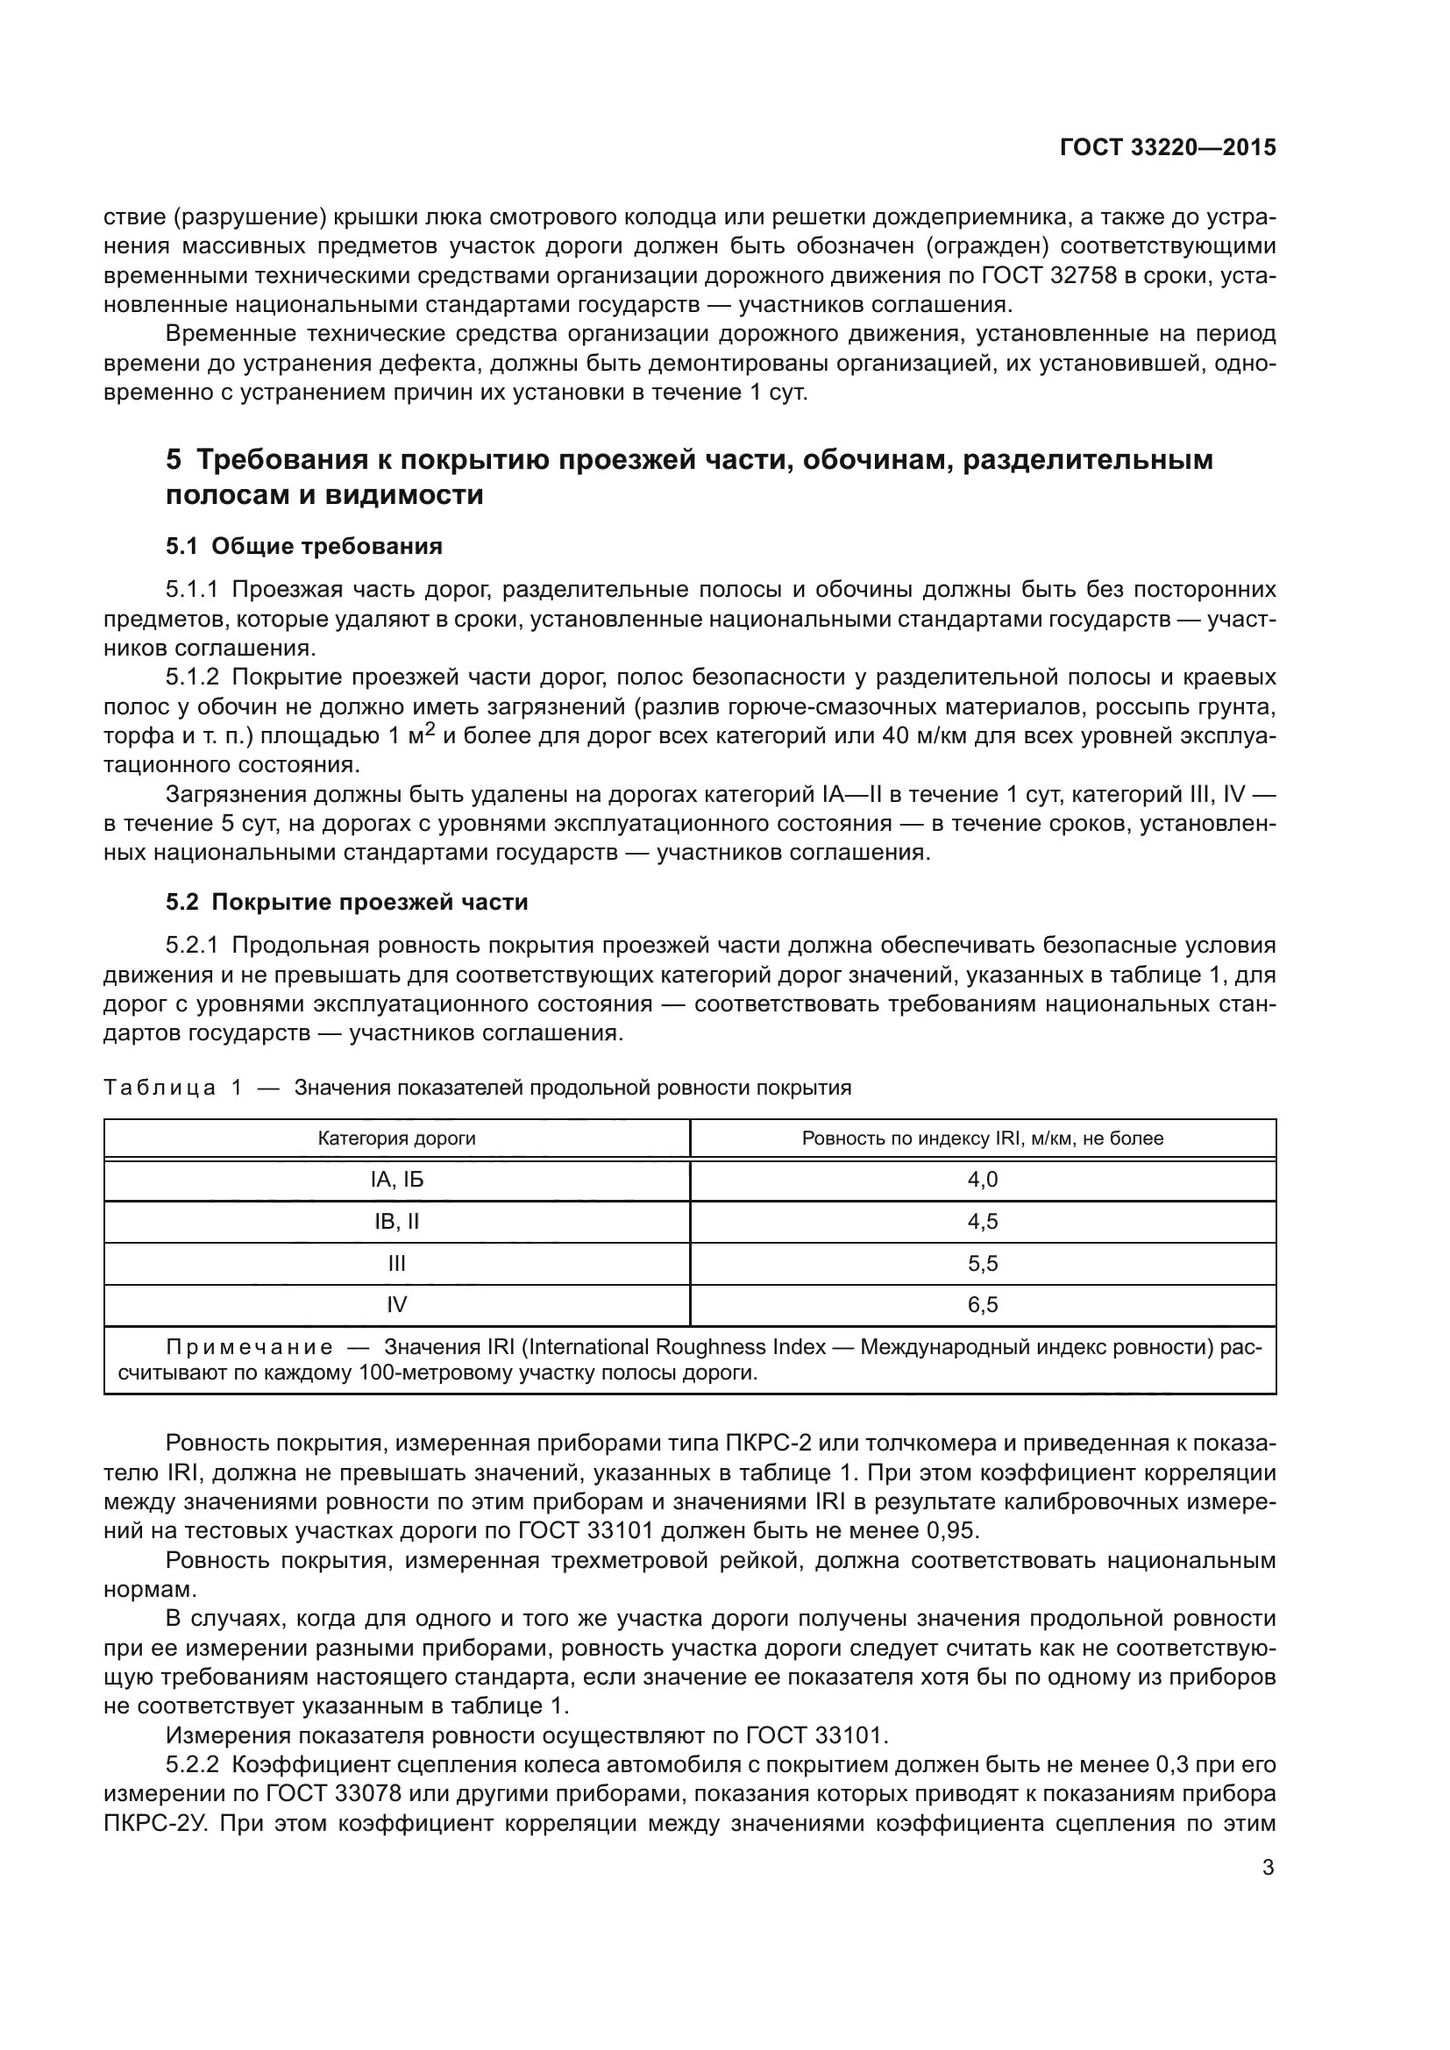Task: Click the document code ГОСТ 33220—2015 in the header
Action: coord(1168,147)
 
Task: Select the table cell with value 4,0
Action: coord(982,1180)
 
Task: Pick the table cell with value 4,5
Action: coord(982,1222)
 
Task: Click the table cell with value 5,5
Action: coord(982,1264)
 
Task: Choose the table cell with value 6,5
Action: coord(982,1304)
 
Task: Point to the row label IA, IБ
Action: coord(396,1180)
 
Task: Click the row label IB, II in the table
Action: coord(396,1222)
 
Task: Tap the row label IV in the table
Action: coord(396,1304)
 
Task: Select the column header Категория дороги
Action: coord(396,1138)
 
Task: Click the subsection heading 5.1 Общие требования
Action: coord(303,545)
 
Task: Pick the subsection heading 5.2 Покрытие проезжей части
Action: coord(346,902)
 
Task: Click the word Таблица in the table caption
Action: coord(159,1088)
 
